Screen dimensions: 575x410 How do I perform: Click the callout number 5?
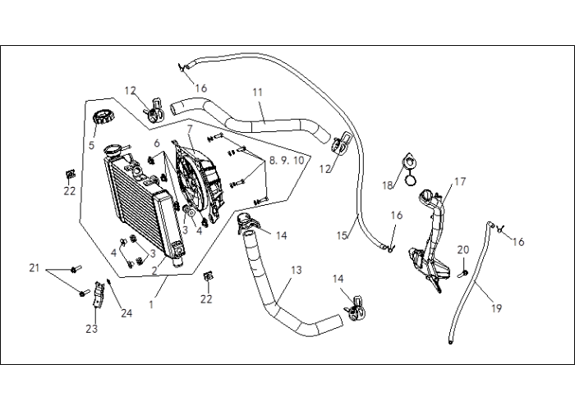[92, 145]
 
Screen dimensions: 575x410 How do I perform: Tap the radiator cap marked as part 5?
[104, 117]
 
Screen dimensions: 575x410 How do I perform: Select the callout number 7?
[190, 129]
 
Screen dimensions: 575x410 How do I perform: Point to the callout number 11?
[258, 92]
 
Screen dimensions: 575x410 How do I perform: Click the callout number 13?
[297, 270]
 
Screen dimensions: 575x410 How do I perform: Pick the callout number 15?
[343, 235]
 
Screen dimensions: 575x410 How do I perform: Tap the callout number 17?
[460, 181]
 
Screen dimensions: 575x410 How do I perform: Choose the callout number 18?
[388, 185]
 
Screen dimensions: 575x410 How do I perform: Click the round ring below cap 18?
[411, 180]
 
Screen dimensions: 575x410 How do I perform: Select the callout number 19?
[496, 308]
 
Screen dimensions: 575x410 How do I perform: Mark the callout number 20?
[463, 249]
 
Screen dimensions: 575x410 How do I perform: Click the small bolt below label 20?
[463, 273]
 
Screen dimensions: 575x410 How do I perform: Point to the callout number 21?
[34, 268]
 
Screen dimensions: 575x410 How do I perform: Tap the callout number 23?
[92, 329]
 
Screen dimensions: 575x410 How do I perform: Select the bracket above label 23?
[98, 294]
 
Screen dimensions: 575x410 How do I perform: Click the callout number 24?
[126, 313]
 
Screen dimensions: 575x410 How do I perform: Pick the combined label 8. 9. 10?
[287, 161]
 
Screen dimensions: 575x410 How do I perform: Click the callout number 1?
[151, 304]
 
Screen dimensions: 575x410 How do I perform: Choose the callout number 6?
[157, 143]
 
